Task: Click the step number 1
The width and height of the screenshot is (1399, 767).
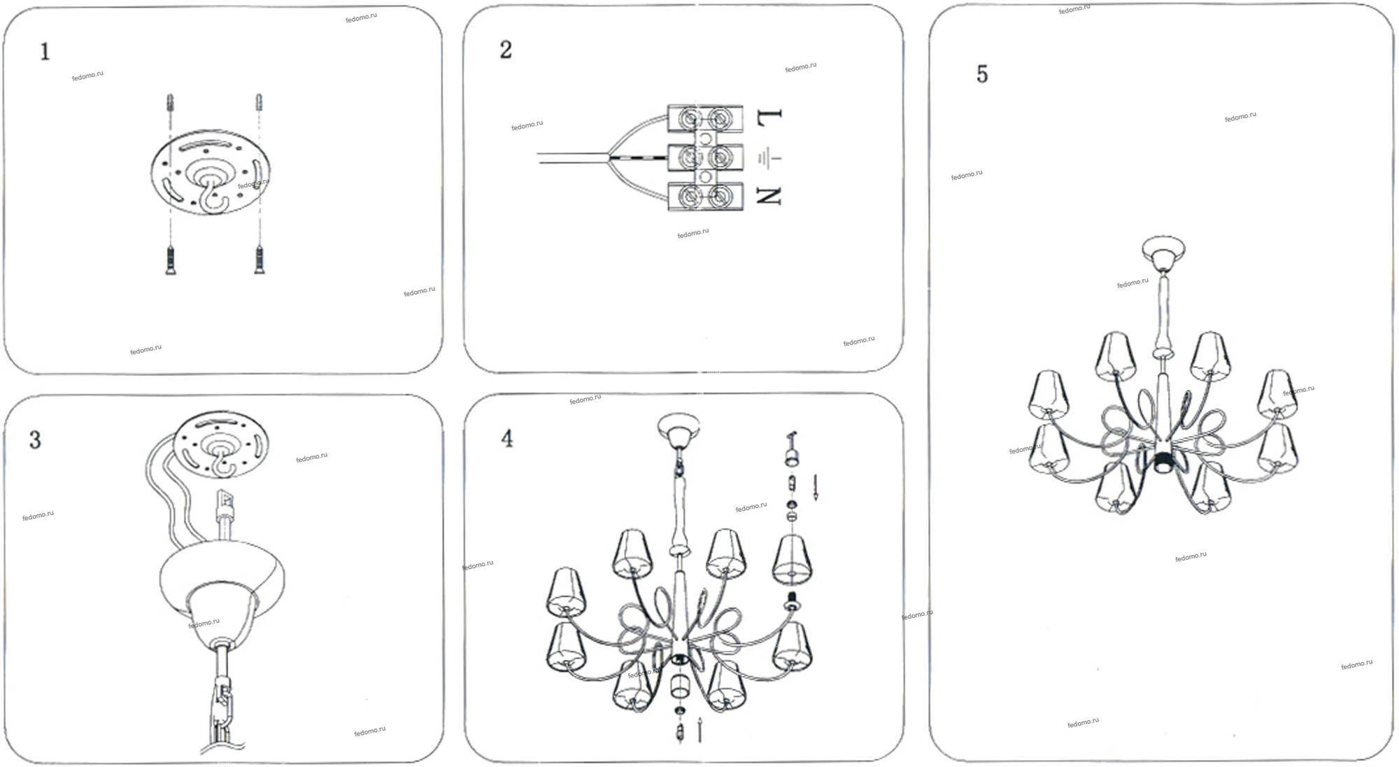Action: (x=45, y=52)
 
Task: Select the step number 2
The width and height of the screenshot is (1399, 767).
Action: (x=506, y=50)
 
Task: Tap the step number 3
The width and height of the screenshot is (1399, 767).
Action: (x=35, y=439)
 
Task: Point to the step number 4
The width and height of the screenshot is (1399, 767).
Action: (x=507, y=439)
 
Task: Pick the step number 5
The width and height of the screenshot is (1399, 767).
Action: (x=982, y=74)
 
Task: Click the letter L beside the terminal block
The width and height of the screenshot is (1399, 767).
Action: (x=769, y=117)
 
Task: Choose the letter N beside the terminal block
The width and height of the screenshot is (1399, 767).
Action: (x=769, y=197)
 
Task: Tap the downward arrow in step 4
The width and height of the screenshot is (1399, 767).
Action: (x=816, y=487)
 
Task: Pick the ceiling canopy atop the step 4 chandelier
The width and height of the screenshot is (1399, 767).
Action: (x=679, y=429)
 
